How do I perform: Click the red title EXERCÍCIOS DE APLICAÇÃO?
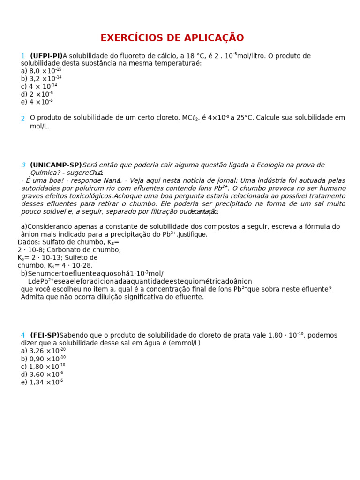(x=172, y=38)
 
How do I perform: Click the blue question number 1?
(x=22, y=56)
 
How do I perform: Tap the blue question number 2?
(x=22, y=119)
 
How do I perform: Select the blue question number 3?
(x=23, y=165)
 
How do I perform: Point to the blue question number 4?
(x=22, y=336)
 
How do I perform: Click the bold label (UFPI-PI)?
(x=46, y=56)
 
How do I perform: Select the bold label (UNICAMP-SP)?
(x=56, y=165)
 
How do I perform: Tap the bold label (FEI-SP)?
(x=45, y=336)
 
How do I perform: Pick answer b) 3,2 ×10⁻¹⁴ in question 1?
(x=41, y=79)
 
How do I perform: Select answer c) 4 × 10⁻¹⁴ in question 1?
(x=39, y=87)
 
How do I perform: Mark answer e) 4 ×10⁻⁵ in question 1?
(x=37, y=102)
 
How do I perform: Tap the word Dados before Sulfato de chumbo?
(x=29, y=242)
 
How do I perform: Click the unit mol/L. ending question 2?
(x=39, y=127)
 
